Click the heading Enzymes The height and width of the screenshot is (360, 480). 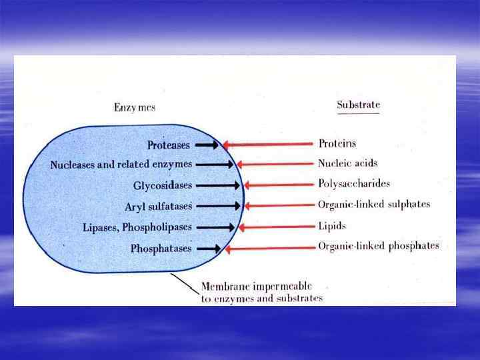pos(135,107)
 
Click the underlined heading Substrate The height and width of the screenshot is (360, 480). pos(358,105)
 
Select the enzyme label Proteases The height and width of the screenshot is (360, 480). pos(169,145)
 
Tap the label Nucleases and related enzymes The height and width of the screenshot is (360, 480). pos(121,164)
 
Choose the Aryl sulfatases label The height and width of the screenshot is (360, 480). pos(158,207)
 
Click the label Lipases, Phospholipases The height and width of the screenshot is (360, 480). pos(137,227)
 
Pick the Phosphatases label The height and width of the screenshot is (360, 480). pos(161,249)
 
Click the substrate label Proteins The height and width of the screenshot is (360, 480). pos(337,143)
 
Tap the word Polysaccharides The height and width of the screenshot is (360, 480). pos(354,183)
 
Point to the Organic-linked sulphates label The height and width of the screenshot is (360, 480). pos(374,205)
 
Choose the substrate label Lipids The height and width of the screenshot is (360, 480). pos(333,226)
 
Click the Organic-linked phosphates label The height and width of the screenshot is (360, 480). pos(378,246)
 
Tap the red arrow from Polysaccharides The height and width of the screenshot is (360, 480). pos(279,185)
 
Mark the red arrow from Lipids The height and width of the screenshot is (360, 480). pos(276,227)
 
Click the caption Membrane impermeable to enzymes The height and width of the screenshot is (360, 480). pos(261,293)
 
